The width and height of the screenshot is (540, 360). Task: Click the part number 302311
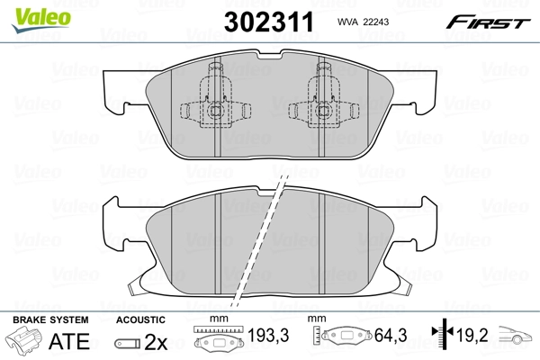click(269, 22)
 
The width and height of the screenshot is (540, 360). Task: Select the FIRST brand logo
click(494, 22)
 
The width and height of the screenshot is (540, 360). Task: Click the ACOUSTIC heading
click(140, 320)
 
